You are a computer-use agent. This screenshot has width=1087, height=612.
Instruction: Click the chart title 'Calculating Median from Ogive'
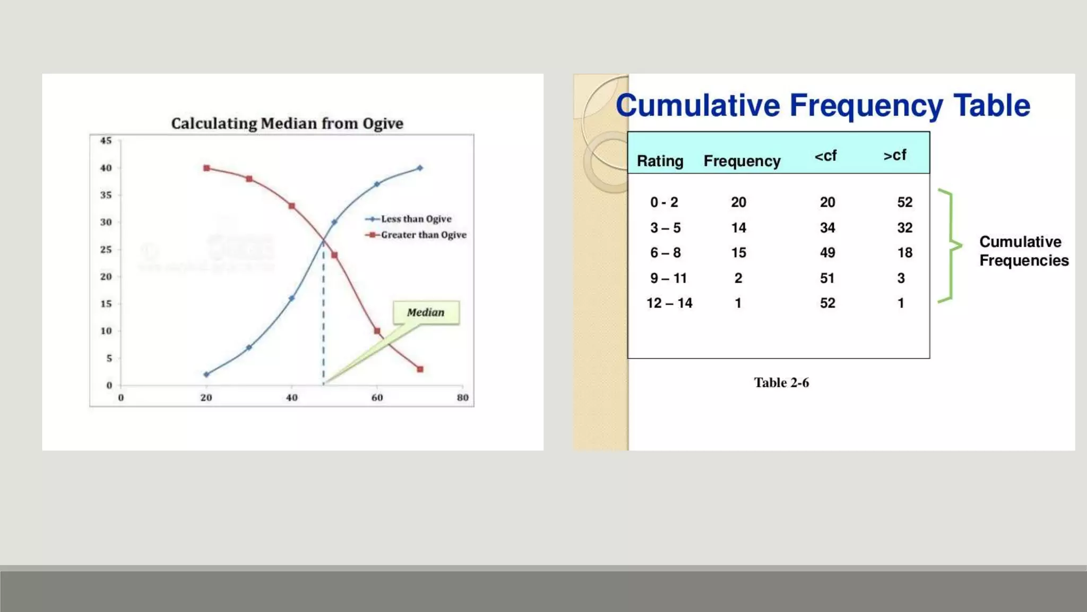click(x=287, y=124)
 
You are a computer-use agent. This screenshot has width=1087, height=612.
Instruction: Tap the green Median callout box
click(x=426, y=312)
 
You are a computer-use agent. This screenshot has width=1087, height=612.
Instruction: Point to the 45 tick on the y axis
click(x=106, y=141)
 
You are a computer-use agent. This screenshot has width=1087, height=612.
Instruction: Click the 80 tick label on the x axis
click(x=462, y=398)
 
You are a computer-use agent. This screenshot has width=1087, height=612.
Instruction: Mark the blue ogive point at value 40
click(x=420, y=168)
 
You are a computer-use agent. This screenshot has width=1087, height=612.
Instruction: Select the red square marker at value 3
click(x=420, y=369)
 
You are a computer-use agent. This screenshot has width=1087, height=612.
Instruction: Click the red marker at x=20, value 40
click(x=206, y=168)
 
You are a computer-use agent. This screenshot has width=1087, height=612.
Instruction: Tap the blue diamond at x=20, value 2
click(x=206, y=375)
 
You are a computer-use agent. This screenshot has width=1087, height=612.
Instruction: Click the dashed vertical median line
click(x=323, y=319)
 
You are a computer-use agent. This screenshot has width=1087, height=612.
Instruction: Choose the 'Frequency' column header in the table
click(x=741, y=161)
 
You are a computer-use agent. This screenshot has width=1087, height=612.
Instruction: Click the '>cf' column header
click(x=895, y=155)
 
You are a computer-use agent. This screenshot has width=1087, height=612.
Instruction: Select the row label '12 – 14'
click(x=669, y=303)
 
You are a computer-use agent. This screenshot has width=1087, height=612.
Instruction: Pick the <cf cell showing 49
click(x=827, y=253)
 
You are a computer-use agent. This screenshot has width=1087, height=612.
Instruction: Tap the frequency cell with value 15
click(x=738, y=253)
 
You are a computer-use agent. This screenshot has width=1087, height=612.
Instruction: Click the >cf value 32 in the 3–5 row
click(x=904, y=228)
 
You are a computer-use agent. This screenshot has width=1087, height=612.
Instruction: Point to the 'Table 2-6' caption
click(x=781, y=382)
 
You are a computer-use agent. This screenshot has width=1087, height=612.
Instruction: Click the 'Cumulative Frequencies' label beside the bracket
click(x=1023, y=251)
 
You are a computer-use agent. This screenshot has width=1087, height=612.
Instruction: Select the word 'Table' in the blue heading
click(x=991, y=105)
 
